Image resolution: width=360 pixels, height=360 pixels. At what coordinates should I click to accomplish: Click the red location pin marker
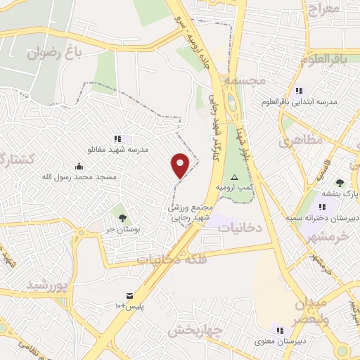pyautogui.click(x=181, y=165)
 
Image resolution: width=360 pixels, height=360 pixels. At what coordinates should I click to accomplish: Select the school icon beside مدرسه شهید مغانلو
pyautogui.click(x=117, y=139)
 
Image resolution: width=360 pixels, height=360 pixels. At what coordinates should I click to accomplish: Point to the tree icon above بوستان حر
pyautogui.click(x=123, y=218)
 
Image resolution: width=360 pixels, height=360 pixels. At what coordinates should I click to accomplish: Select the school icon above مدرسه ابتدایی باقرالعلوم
pyautogui.click(x=299, y=91)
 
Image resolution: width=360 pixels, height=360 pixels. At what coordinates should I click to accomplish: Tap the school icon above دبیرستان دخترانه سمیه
pyautogui.click(x=322, y=207)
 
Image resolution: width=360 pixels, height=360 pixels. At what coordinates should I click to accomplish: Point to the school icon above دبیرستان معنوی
pyautogui.click(x=280, y=330)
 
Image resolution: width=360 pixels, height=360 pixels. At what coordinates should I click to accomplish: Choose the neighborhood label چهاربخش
pyautogui.click(x=196, y=329)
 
